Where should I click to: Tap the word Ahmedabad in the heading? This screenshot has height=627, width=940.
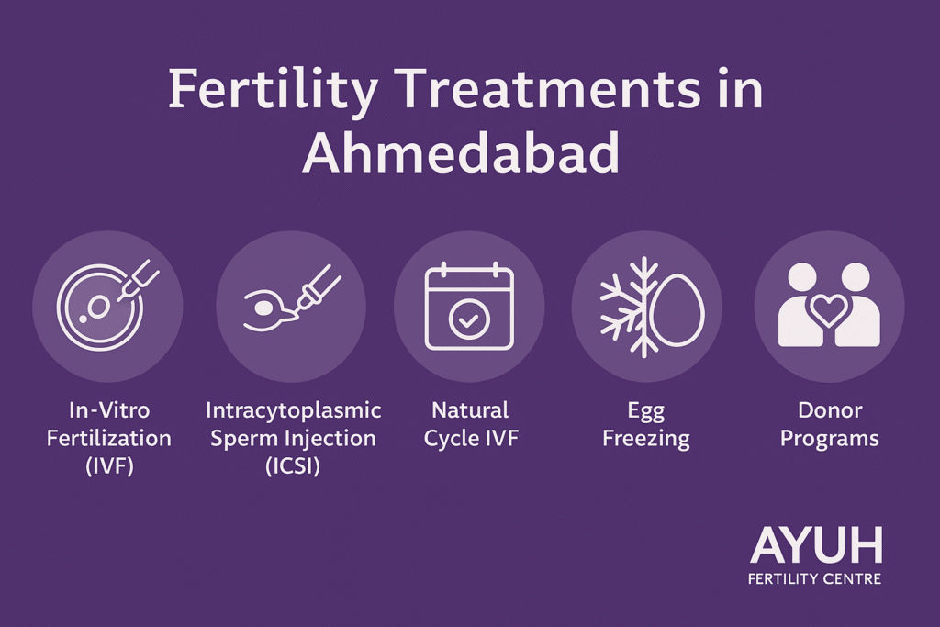coord(461,153)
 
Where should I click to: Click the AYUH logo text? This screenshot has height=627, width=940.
coord(815,546)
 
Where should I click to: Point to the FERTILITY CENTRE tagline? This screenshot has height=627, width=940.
coord(815,579)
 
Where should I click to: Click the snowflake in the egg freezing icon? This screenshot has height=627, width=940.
coord(627,307)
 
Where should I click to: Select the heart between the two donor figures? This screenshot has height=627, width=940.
coord(828,309)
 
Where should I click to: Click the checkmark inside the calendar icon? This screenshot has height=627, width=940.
coord(469,319)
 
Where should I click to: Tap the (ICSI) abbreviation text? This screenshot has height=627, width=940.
coord(293,465)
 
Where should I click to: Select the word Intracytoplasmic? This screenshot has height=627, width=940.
coord(293,409)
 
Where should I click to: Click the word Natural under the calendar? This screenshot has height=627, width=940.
coord(469,409)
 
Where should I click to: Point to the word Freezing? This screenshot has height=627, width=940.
coord(645,438)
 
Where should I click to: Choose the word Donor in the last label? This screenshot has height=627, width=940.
coord(829,409)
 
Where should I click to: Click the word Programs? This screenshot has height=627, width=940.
coord(829,438)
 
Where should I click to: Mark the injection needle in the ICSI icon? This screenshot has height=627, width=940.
coord(317,286)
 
